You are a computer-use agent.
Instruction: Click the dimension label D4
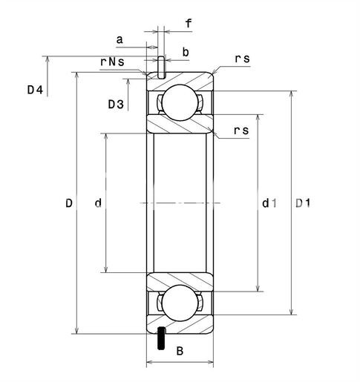(35, 90)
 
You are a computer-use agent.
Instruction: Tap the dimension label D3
(116, 105)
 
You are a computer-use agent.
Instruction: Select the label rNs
(112, 62)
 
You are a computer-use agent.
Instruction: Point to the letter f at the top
(189, 23)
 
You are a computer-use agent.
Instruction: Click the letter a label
(120, 39)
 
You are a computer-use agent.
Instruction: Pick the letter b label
(186, 52)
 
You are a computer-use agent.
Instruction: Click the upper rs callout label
(242, 59)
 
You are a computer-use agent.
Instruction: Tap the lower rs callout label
(241, 131)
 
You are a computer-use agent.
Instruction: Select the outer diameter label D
(69, 203)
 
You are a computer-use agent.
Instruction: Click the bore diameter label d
(98, 203)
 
